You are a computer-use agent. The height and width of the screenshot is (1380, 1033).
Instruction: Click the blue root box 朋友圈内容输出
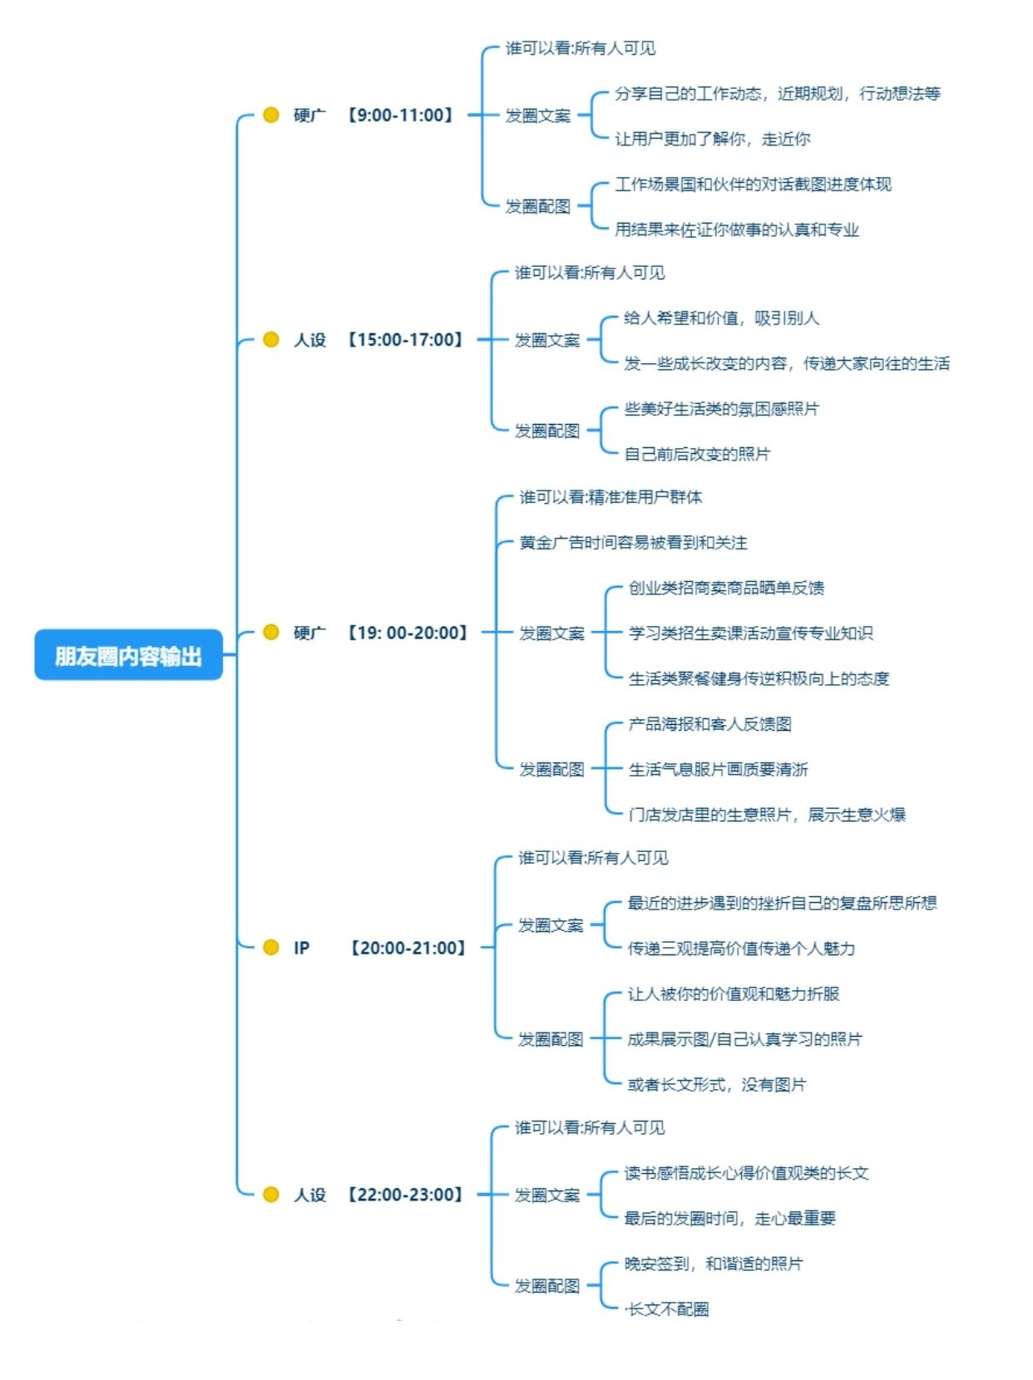click(x=128, y=656)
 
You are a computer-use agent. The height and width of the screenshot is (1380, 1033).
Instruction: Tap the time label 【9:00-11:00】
click(x=400, y=115)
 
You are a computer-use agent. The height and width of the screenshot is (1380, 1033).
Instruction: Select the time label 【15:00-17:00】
click(x=405, y=339)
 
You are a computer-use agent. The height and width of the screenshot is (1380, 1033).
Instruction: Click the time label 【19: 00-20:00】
click(x=408, y=633)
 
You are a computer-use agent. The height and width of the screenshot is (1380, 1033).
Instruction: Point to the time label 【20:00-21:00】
click(x=408, y=948)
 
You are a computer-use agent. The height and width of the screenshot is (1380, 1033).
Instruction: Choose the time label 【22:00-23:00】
click(x=405, y=1195)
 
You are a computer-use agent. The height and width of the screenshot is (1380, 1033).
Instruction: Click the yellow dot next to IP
click(x=270, y=948)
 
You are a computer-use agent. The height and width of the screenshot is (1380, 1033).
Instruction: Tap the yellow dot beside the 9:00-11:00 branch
click(x=270, y=115)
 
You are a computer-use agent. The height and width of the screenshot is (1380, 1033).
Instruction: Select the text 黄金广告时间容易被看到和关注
click(x=633, y=543)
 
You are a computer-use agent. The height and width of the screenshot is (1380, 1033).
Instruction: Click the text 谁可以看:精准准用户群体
click(x=610, y=497)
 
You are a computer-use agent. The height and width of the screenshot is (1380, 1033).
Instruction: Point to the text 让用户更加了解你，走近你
click(x=712, y=139)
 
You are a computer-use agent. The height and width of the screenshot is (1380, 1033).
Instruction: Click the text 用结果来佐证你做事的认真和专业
click(x=736, y=229)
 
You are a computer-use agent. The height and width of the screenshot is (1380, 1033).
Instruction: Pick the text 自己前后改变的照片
click(x=697, y=454)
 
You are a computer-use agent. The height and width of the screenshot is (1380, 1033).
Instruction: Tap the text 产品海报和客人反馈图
click(x=709, y=724)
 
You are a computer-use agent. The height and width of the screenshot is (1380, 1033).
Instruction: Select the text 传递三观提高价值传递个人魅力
click(x=741, y=949)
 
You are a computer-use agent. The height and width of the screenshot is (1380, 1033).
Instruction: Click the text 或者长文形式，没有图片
click(x=716, y=1084)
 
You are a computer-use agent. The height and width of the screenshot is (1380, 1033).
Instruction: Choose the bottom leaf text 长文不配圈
click(x=668, y=1309)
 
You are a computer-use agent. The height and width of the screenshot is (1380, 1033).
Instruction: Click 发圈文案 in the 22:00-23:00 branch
click(x=546, y=1195)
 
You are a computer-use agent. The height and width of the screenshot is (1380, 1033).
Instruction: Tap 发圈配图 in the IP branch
click(x=550, y=1039)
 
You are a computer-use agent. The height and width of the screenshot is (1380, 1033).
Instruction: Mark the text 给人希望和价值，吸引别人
click(x=721, y=318)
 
